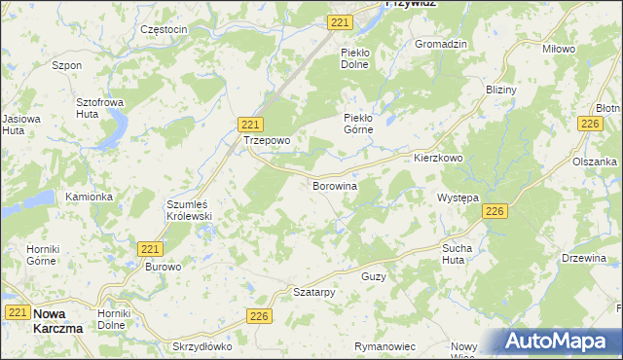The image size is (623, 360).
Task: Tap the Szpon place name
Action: pos(66,66)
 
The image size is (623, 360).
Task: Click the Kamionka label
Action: pos(89,197)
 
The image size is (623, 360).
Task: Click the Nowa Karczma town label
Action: pos(57,320)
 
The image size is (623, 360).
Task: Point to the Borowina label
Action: pos(334,185)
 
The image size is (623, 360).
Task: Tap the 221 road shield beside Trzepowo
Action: pos(250,124)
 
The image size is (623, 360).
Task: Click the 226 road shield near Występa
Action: pos(495,211)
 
